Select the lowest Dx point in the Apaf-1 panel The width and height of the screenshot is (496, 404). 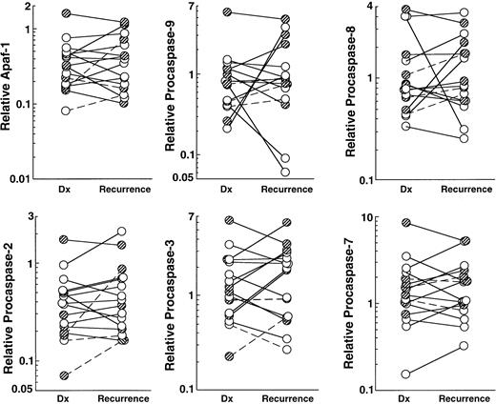(65, 111)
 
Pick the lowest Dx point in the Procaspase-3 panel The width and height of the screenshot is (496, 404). (229, 356)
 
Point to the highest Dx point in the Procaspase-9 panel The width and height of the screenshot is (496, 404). (229, 12)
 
